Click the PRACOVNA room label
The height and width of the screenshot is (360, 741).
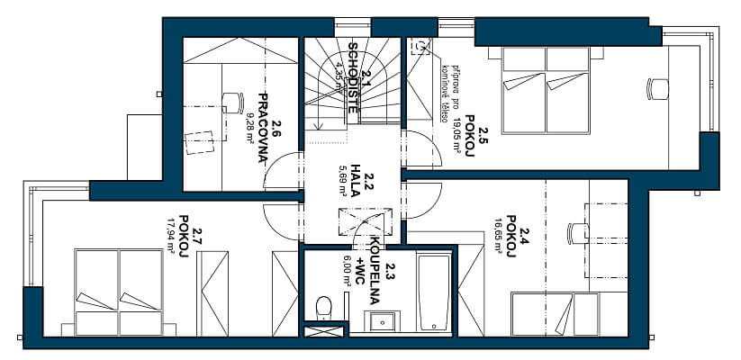[x=264, y=127]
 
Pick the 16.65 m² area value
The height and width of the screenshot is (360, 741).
[x=497, y=236]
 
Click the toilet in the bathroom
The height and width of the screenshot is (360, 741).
[x=324, y=307]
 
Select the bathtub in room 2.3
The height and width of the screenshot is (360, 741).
[x=436, y=293]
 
